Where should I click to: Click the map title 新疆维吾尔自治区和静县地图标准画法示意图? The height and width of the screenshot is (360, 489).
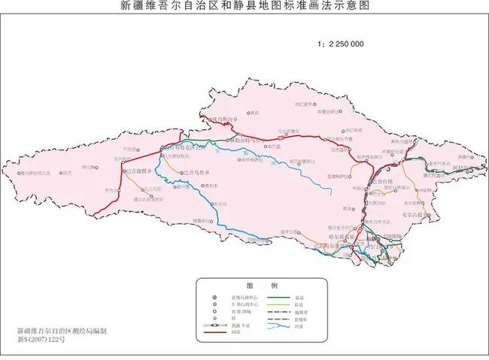point(244,7)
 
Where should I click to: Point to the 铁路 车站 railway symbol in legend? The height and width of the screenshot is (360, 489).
point(217,323)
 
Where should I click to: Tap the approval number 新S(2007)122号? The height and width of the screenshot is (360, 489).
point(42,340)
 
